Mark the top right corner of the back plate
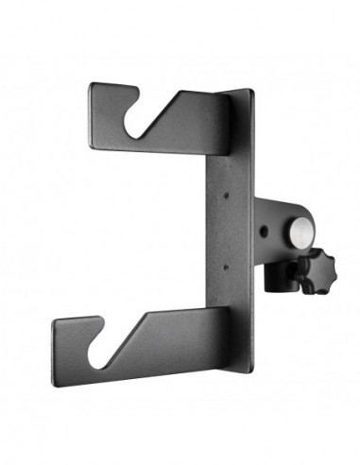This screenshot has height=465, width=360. pyautogui.click(x=253, y=91)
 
